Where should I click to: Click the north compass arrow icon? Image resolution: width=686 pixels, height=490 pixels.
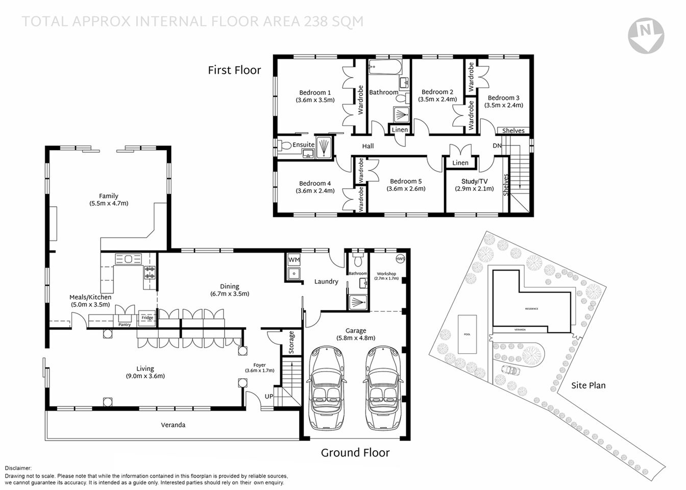click(x=646, y=35)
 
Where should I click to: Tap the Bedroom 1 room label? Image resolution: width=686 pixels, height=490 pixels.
click(x=315, y=92)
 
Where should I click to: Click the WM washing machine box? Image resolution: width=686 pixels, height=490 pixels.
click(x=294, y=260)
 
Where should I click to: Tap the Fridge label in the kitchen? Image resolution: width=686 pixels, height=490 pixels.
click(x=147, y=318)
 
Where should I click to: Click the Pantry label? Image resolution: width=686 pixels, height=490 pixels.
click(x=125, y=325)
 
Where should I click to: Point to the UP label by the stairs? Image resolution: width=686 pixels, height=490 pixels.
click(x=268, y=397)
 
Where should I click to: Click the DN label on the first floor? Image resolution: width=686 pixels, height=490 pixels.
click(x=497, y=146)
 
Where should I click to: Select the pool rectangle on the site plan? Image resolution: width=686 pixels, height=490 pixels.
click(x=467, y=334)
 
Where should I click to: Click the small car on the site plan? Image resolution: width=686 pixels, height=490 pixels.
click(x=509, y=370)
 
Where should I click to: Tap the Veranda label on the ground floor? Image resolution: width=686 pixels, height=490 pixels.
click(x=173, y=425)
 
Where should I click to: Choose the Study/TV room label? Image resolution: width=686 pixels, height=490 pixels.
click(x=474, y=181)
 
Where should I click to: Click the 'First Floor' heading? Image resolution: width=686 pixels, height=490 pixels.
click(x=234, y=70)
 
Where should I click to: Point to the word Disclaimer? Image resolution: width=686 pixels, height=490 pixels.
click(x=18, y=468)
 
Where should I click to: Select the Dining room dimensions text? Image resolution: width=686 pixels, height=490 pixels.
click(x=230, y=294)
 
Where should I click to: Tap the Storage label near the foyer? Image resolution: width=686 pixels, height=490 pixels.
click(x=291, y=342)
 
